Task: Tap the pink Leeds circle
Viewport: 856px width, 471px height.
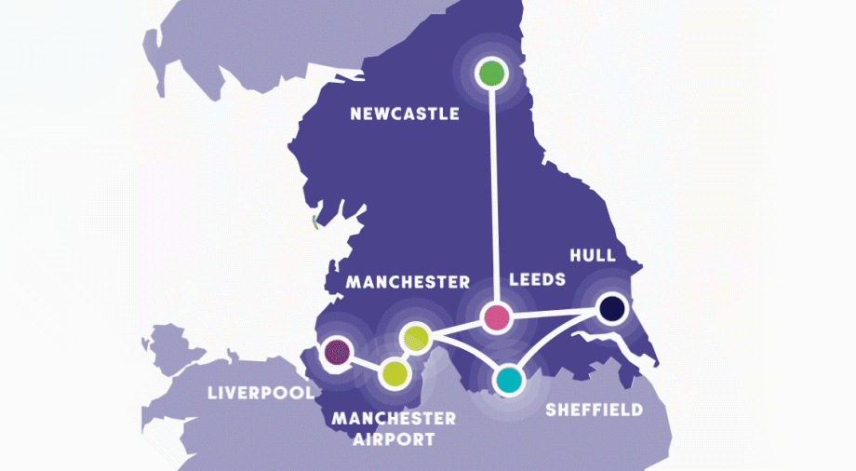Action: (x=498, y=316)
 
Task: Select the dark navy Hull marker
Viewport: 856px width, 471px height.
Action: (x=610, y=309)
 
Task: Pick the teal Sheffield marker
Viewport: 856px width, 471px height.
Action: (x=507, y=379)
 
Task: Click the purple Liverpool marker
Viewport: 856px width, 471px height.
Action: (x=336, y=351)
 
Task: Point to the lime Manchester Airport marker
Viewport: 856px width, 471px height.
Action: (x=395, y=373)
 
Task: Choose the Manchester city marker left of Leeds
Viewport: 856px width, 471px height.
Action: (x=416, y=336)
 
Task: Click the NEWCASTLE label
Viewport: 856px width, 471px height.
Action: (x=405, y=114)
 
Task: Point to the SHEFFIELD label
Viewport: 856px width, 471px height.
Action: (x=594, y=410)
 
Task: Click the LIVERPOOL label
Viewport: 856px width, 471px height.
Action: (x=261, y=393)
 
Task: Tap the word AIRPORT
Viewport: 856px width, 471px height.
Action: (x=395, y=439)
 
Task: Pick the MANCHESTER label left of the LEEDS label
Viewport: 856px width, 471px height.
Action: (x=408, y=280)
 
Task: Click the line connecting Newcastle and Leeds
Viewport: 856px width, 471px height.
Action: (x=493, y=195)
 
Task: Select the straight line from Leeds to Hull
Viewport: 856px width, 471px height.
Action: (x=554, y=313)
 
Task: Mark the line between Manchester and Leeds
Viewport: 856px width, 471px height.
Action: (x=457, y=327)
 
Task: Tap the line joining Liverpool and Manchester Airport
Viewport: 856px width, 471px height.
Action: (x=365, y=362)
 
